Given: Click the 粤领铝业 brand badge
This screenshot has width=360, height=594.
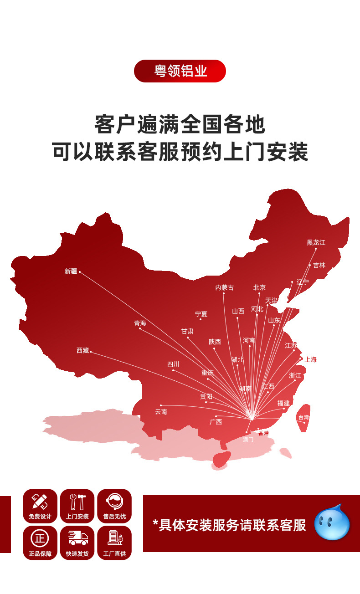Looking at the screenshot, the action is coord(180,71).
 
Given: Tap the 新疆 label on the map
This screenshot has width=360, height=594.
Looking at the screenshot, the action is coord(71,271).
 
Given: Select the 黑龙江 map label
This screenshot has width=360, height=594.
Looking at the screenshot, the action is coord(316,242).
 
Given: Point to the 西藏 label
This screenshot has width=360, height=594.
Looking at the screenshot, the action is coord(83,350).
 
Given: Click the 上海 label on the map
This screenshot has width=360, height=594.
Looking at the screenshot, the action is coord(310,359).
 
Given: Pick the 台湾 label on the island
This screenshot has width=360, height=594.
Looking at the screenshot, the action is coord(303,417).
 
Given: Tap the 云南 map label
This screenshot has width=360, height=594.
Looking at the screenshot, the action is coord(161,412).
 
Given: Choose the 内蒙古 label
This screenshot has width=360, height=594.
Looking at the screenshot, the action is coord(224,287).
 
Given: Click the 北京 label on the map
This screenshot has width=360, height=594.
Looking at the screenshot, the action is coord(259,287).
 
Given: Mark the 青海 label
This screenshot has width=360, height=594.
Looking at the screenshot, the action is coord(140,323).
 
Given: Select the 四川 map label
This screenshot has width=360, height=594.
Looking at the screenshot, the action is coord(173,364).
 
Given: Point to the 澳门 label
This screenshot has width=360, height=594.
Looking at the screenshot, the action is coord(248,440).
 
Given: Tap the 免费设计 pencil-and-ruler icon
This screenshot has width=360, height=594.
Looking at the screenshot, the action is coord(40,502).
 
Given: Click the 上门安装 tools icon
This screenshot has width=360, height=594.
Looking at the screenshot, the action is coord(77,502).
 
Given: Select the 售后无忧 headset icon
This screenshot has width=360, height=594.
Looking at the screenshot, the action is coord(114,502).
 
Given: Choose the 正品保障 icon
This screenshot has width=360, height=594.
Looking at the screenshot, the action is coord(40,538).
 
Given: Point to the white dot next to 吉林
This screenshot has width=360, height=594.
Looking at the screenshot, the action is coord(310,265).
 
